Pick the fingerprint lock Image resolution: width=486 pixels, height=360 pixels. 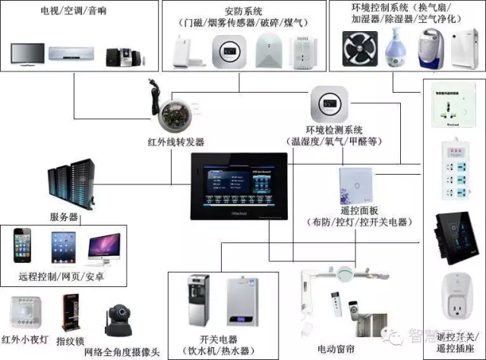[x=69, y=311]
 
